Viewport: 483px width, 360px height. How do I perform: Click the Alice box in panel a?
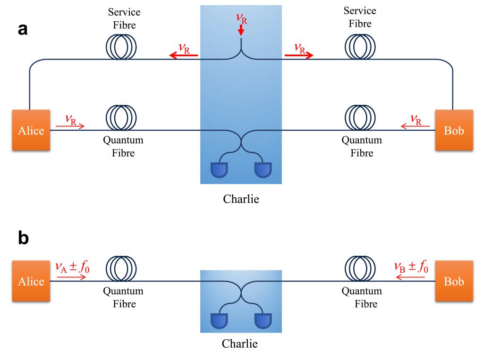point(31,130)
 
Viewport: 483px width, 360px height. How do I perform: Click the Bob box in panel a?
point(454,130)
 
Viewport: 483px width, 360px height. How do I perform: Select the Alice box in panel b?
point(31,281)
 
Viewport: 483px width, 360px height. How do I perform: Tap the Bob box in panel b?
point(454,281)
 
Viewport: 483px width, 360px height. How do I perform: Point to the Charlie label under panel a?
point(241,199)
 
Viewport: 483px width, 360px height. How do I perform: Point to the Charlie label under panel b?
point(240,343)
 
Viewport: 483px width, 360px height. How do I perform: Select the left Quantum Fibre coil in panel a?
point(121,118)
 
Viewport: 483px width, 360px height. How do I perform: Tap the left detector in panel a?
point(220,169)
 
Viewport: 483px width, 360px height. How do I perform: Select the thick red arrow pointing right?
point(299,56)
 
